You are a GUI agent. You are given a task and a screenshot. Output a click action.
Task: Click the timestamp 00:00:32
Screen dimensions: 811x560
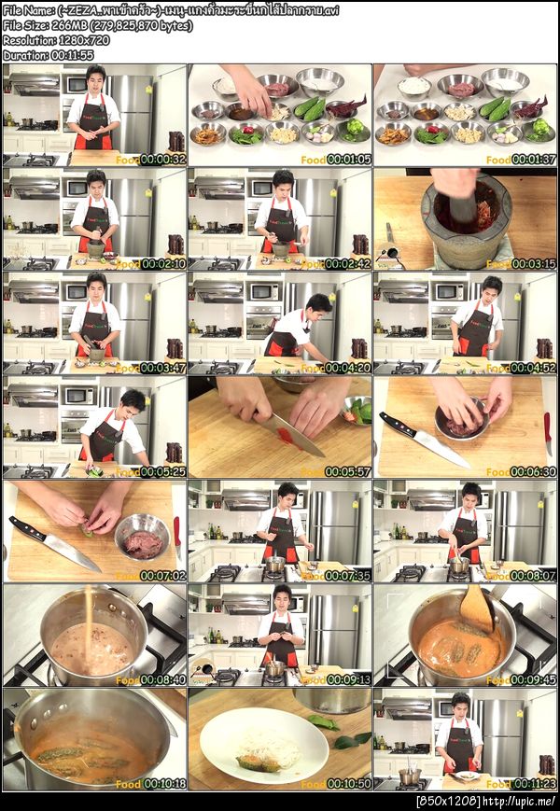coord(162,160)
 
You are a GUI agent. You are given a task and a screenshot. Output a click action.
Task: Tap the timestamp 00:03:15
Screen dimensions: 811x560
coord(534,264)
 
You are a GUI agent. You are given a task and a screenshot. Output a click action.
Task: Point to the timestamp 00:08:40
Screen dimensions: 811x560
coord(162,680)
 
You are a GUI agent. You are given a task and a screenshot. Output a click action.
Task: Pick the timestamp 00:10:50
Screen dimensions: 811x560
coord(348,785)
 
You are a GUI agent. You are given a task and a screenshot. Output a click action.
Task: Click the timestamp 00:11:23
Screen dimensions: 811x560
coord(534,785)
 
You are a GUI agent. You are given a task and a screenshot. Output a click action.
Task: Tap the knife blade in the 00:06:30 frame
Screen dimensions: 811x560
coord(439,448)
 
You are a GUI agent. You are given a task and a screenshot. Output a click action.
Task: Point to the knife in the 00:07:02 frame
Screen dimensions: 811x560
coord(56,545)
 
